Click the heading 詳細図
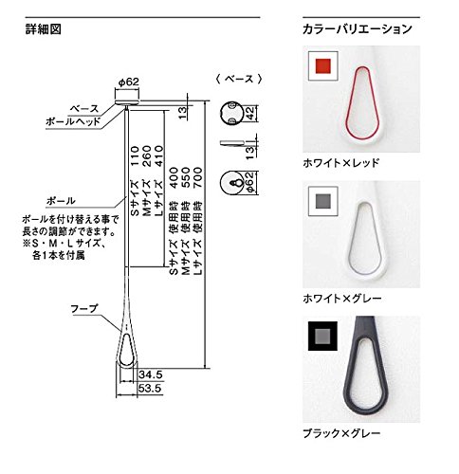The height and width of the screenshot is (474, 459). (43, 28)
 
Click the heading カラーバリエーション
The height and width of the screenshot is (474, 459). (358, 29)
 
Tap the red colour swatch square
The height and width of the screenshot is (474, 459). (321, 67)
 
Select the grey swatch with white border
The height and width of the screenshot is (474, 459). (321, 201)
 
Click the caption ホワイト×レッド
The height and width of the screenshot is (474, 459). (340, 162)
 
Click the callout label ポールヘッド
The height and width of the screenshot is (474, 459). (69, 122)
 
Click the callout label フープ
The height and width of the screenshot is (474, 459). (81, 308)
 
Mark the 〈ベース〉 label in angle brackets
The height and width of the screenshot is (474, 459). (234, 80)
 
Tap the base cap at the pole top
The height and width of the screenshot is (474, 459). (127, 96)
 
